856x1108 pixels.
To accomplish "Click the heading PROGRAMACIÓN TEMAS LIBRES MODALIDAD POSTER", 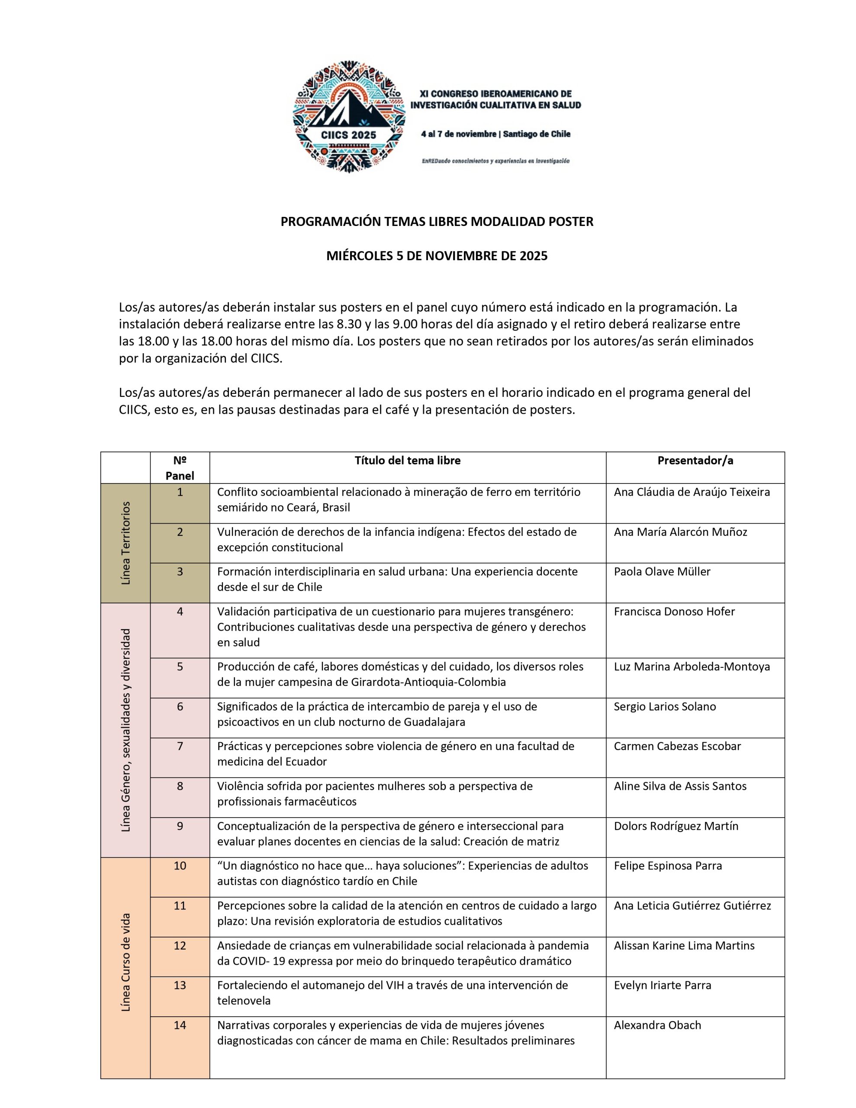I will pos(436,222).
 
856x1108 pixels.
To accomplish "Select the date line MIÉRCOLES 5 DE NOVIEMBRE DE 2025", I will pos(436,256).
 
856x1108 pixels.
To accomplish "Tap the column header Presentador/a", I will pos(695,460).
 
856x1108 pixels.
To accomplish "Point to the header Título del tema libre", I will pos(408,460).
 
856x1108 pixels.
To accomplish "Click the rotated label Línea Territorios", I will pos(126,543).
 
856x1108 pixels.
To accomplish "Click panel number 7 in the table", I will pos(180,746).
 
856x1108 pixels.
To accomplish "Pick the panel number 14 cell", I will pos(180,1025).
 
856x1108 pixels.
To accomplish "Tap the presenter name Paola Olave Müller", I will pos(662,571).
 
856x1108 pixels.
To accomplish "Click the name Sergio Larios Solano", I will pos(665,706).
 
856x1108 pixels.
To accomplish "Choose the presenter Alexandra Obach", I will pos(657,1025).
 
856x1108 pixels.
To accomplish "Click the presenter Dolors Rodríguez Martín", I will pos(676,825).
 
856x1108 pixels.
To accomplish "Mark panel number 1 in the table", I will pos(180,492).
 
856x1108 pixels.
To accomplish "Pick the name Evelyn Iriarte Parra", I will pos(662,985).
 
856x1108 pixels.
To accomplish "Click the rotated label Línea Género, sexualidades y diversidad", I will pos(126,730).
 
